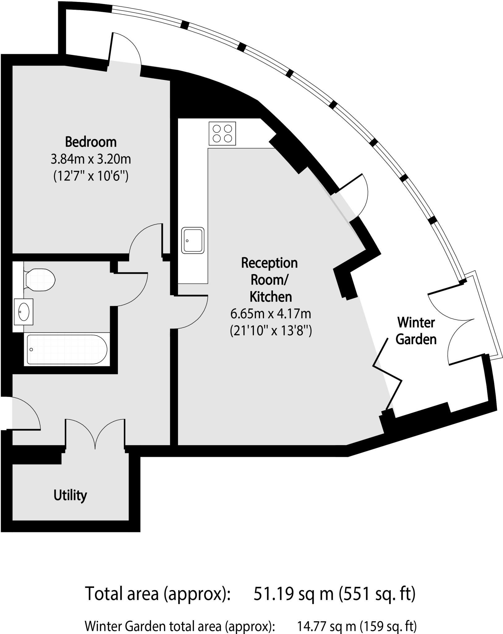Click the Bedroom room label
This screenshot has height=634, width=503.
click(x=91, y=142)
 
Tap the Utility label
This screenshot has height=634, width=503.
click(x=70, y=495)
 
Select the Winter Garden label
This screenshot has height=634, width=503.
click(x=416, y=331)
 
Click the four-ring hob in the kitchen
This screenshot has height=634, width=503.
click(x=222, y=133)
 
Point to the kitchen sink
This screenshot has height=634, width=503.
click(x=193, y=240)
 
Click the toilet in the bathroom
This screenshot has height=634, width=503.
click(x=39, y=280)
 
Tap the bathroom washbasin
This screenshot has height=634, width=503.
click(x=24, y=311)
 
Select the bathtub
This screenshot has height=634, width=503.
click(x=67, y=349)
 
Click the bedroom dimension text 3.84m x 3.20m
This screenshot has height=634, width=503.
click(x=91, y=159)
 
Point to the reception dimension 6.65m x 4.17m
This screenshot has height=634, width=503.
click(x=271, y=314)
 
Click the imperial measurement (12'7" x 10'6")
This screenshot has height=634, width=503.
click(x=91, y=176)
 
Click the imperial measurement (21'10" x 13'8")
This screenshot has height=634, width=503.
click(x=271, y=331)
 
